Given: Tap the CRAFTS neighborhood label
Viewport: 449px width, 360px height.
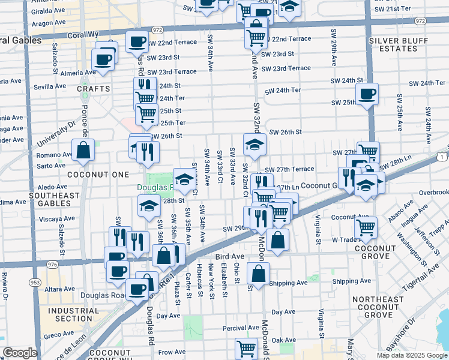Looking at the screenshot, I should [94, 89].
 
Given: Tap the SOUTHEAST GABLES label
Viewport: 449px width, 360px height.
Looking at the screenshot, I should [53, 200].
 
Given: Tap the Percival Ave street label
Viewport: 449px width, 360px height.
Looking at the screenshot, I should [241, 328].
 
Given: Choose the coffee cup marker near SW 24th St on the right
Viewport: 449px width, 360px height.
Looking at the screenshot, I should [367, 94].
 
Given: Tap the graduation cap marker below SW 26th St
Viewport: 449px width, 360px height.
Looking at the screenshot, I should [255, 145].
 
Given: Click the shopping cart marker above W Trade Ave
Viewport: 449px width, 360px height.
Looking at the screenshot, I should [366, 227].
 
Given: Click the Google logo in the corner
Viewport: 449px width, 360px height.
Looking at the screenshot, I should [20, 353].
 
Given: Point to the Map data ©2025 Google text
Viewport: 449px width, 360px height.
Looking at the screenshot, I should [411, 355].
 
